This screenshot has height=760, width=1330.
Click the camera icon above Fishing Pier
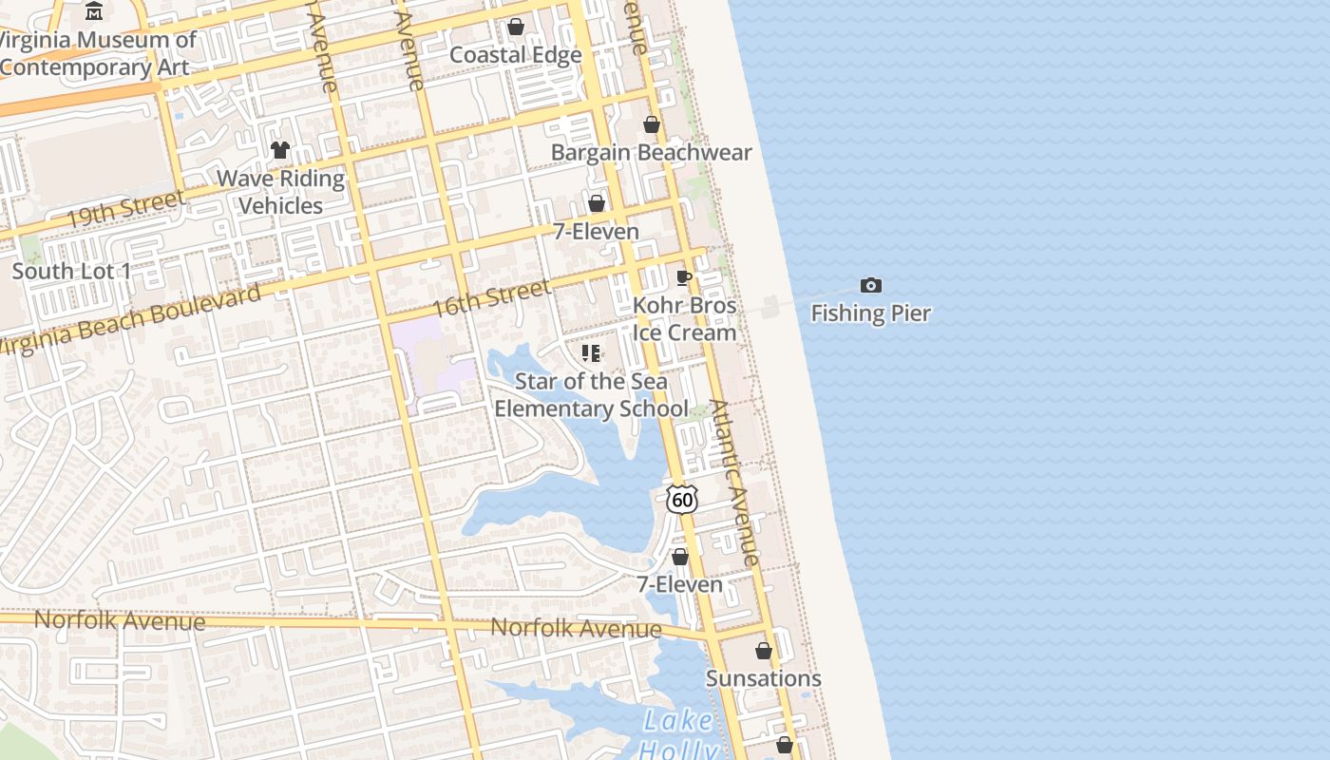tap(870, 285)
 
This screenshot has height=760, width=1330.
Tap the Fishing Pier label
tap(870, 313)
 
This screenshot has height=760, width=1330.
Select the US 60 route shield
tap(682, 499)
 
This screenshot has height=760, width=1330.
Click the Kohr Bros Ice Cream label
tap(684, 319)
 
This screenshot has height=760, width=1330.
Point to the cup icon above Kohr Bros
tap(683, 277)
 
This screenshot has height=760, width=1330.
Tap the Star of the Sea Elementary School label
tap(591, 395)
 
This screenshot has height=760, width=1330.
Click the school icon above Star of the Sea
tap(591, 353)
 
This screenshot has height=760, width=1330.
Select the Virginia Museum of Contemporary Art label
tap(98, 53)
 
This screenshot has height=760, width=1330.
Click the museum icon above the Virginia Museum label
tap(94, 11)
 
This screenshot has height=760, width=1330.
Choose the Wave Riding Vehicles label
tap(280, 192)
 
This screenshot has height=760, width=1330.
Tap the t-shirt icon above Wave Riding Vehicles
tap(279, 149)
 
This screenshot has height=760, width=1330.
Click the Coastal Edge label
tap(515, 55)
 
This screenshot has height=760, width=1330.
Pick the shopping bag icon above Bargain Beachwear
tap(652, 124)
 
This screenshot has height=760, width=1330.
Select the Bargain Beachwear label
tap(652, 153)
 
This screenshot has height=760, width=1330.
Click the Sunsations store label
tap(763, 678)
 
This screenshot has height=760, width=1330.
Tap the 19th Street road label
tap(124, 210)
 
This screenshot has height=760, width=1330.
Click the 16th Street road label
tap(491, 298)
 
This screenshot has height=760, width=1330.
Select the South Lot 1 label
tap(71, 271)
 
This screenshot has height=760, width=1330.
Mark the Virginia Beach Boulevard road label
tap(129, 320)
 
